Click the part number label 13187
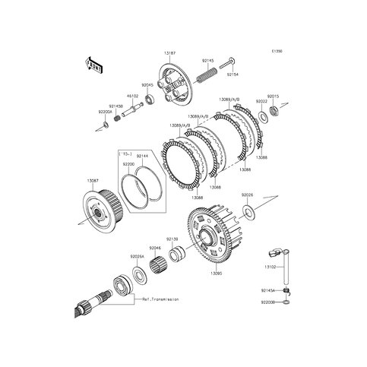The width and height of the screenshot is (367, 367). click(x=169, y=54)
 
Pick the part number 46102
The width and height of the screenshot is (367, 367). click(x=131, y=96)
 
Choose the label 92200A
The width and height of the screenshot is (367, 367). click(x=105, y=112)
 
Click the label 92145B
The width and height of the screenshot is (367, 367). click(x=115, y=106)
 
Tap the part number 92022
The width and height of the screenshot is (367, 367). click(x=261, y=100)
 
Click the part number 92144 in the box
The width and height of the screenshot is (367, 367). click(x=142, y=155)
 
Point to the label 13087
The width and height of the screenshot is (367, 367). click(x=92, y=181)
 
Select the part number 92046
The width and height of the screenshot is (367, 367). click(x=155, y=248)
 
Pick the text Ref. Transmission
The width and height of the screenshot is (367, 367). click(x=161, y=299)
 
